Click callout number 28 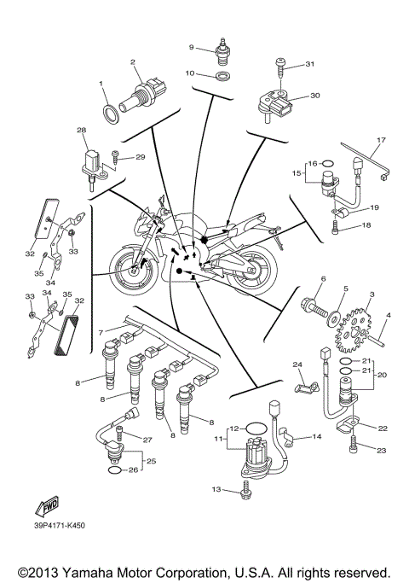click(82, 131)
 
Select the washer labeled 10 click(222, 77)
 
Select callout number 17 click(381, 140)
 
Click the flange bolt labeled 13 click(246, 491)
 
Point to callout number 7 click(101, 331)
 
